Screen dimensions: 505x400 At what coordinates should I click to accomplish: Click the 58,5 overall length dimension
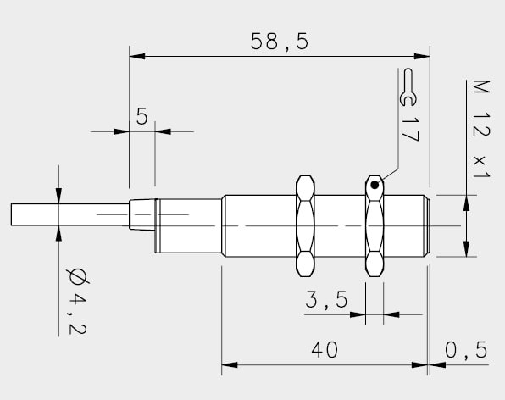click(x=280, y=42)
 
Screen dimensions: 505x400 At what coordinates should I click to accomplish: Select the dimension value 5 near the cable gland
click(x=142, y=116)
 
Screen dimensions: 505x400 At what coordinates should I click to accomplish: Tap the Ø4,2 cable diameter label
click(x=77, y=302)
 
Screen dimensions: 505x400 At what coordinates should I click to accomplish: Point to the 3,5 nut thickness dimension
click(x=326, y=299)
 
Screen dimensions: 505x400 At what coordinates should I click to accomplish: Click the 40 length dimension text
click(x=325, y=349)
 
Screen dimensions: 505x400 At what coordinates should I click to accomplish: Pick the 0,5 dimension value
click(x=466, y=350)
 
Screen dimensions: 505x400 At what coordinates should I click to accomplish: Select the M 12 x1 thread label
click(x=481, y=129)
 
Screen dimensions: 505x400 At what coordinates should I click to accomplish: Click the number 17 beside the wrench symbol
click(x=410, y=129)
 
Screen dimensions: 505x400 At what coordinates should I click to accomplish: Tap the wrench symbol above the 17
click(x=408, y=87)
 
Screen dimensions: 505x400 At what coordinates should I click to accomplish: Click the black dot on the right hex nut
click(x=375, y=186)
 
